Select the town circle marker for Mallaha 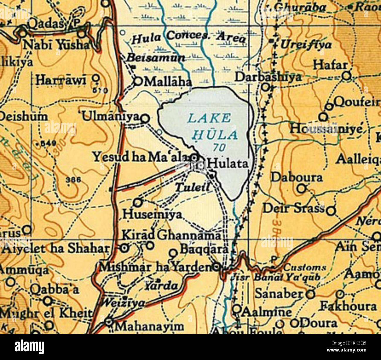[x=138, y=81]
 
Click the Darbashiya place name [x=268, y=77]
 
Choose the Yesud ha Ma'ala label [x=140, y=157]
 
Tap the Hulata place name [x=227, y=164]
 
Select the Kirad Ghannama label [x=171, y=235]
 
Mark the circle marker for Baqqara [x=174, y=253]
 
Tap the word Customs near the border [x=305, y=267]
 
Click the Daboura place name [x=296, y=178]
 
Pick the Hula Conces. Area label [x=188, y=37]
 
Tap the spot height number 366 [x=73, y=180]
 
